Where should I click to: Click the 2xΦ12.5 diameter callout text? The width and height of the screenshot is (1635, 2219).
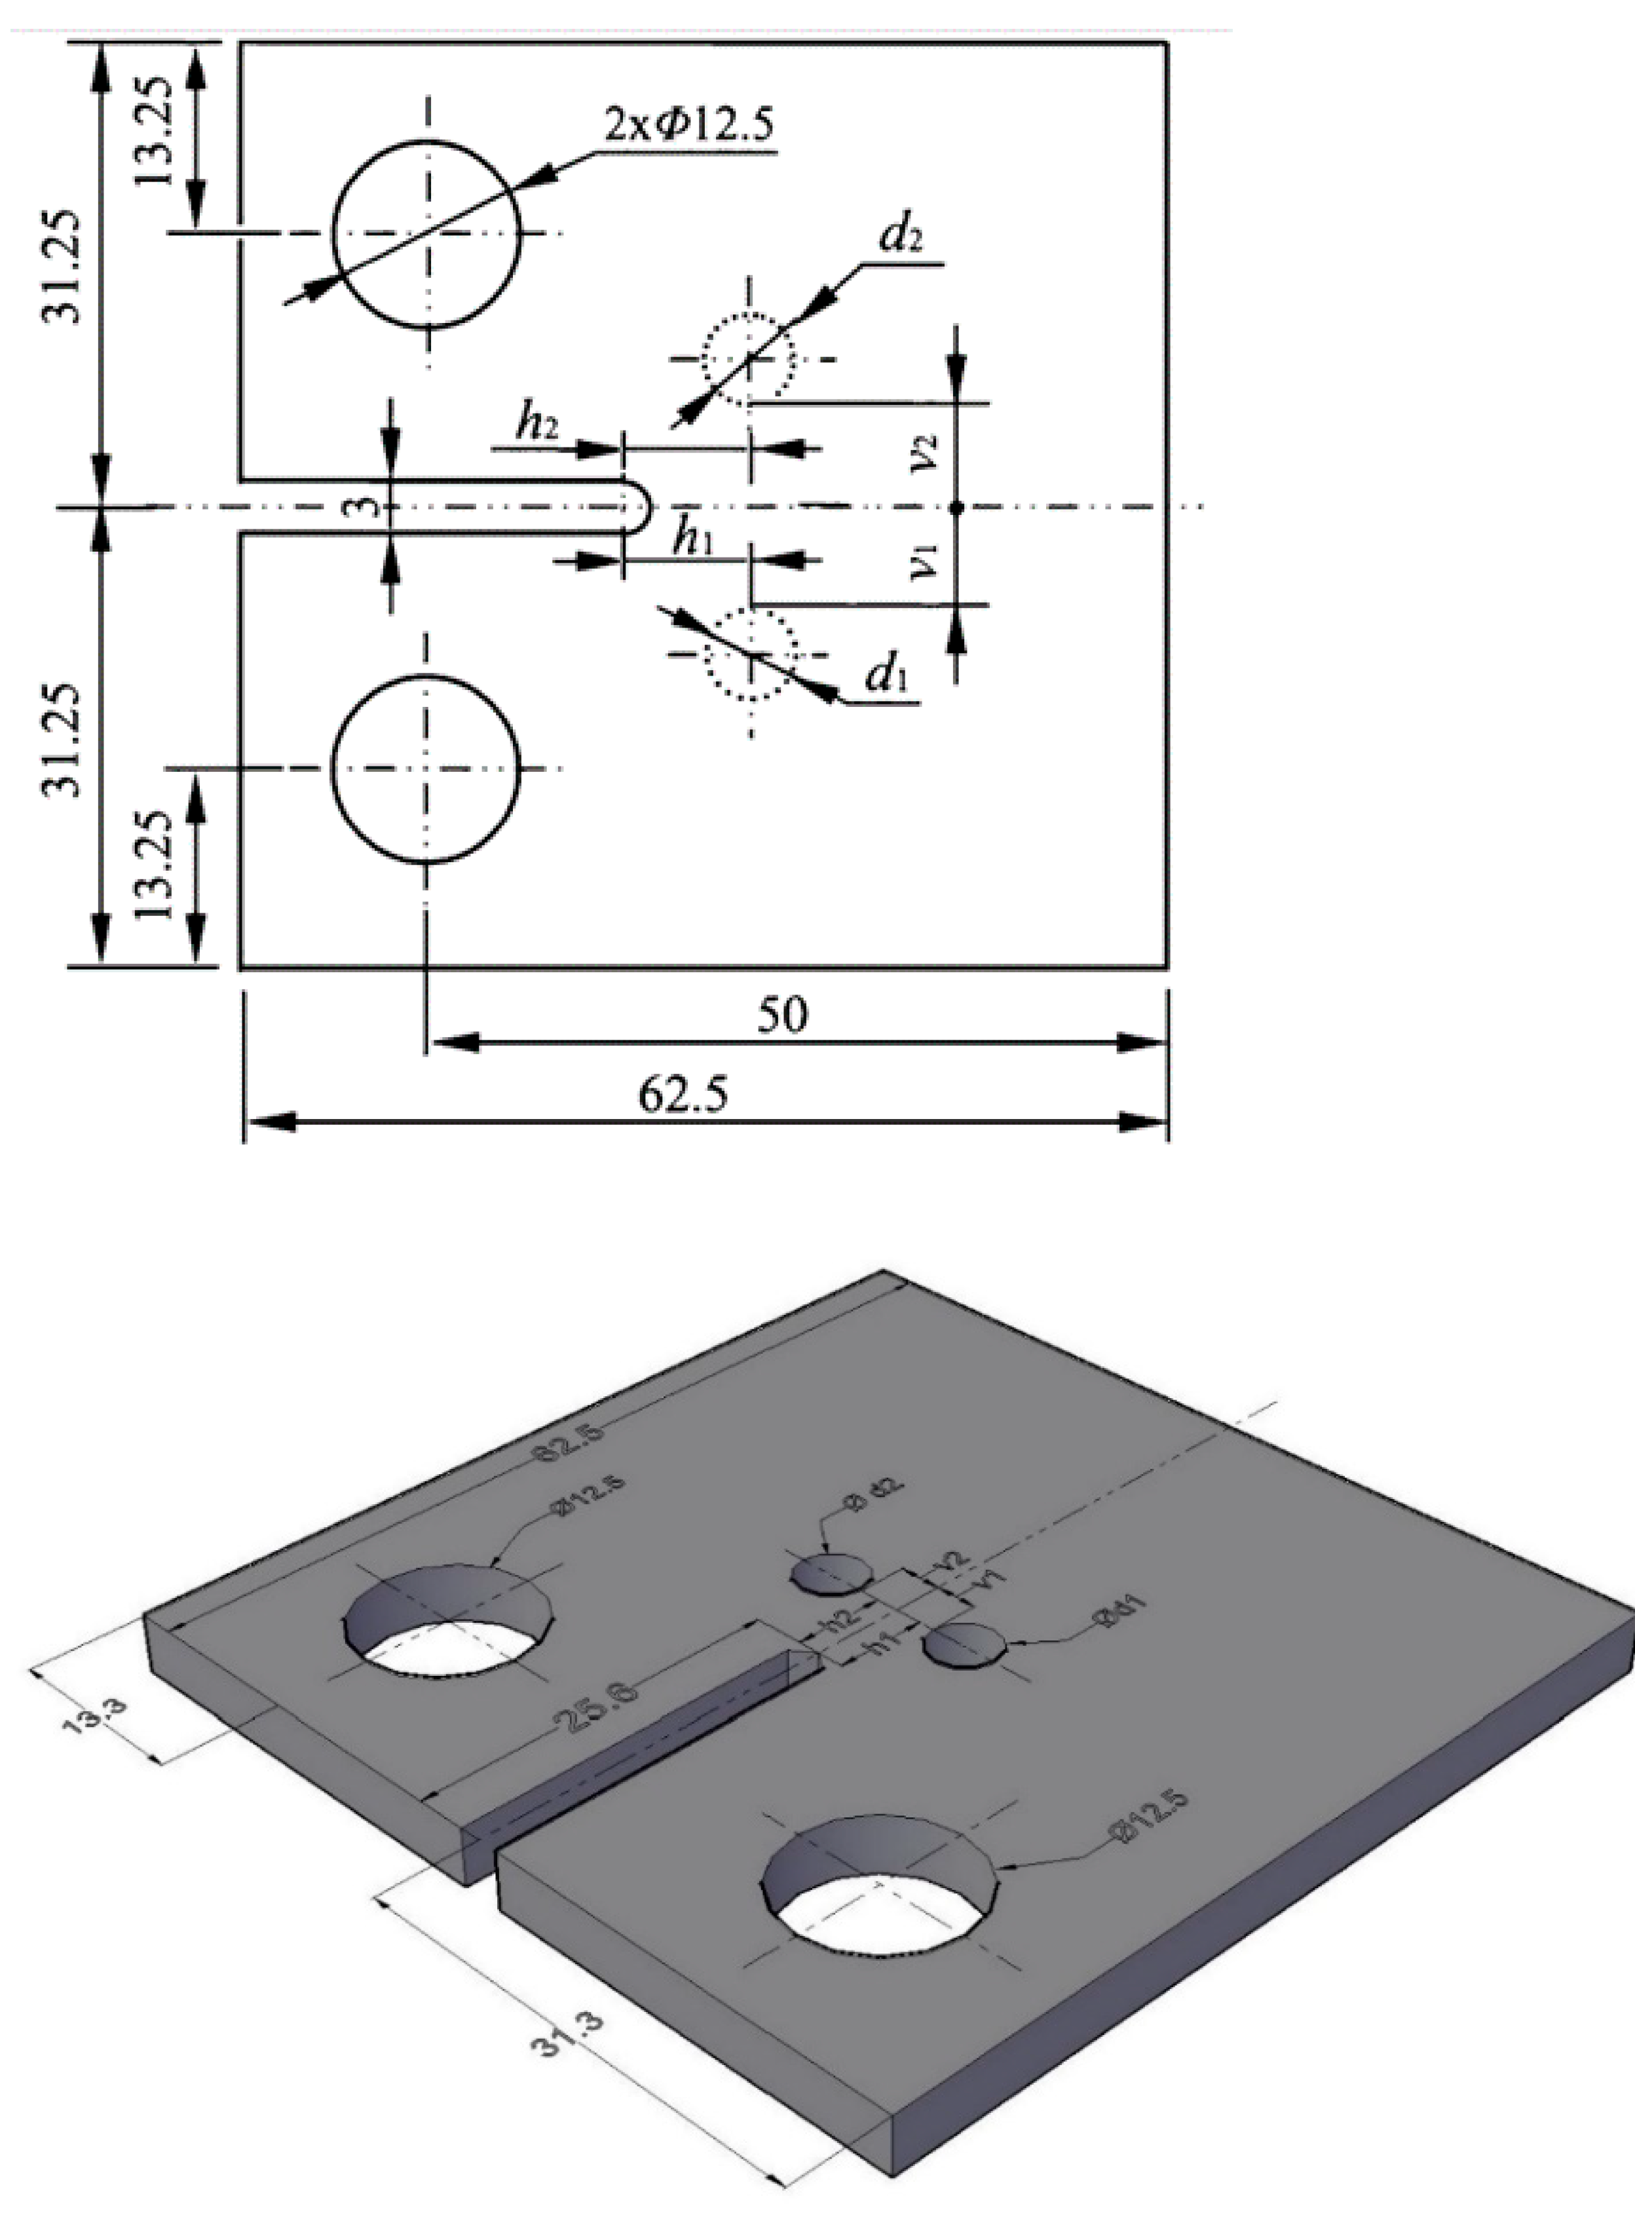tap(687, 126)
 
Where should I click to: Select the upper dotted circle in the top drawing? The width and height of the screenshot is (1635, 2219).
tap(748, 359)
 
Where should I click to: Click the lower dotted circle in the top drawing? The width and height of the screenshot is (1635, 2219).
tap(748, 654)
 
